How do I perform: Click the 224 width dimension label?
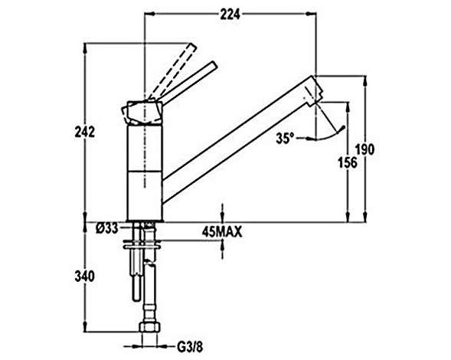[x=230, y=15]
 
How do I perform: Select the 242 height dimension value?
[x=84, y=133]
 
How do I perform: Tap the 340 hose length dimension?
[x=84, y=277]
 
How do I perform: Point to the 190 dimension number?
[x=365, y=149]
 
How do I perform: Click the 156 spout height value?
[x=348, y=162]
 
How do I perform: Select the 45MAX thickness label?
[x=222, y=232]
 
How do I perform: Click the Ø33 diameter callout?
[x=106, y=229]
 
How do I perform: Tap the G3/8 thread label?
[x=190, y=347]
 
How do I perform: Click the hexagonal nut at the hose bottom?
[x=149, y=327]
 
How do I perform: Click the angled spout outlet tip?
[x=315, y=90]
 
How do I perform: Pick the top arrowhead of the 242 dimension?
[x=85, y=48]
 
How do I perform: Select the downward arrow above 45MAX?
[x=222, y=213]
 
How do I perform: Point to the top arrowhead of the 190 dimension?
[x=365, y=81]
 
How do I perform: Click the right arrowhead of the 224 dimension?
[x=311, y=14]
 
